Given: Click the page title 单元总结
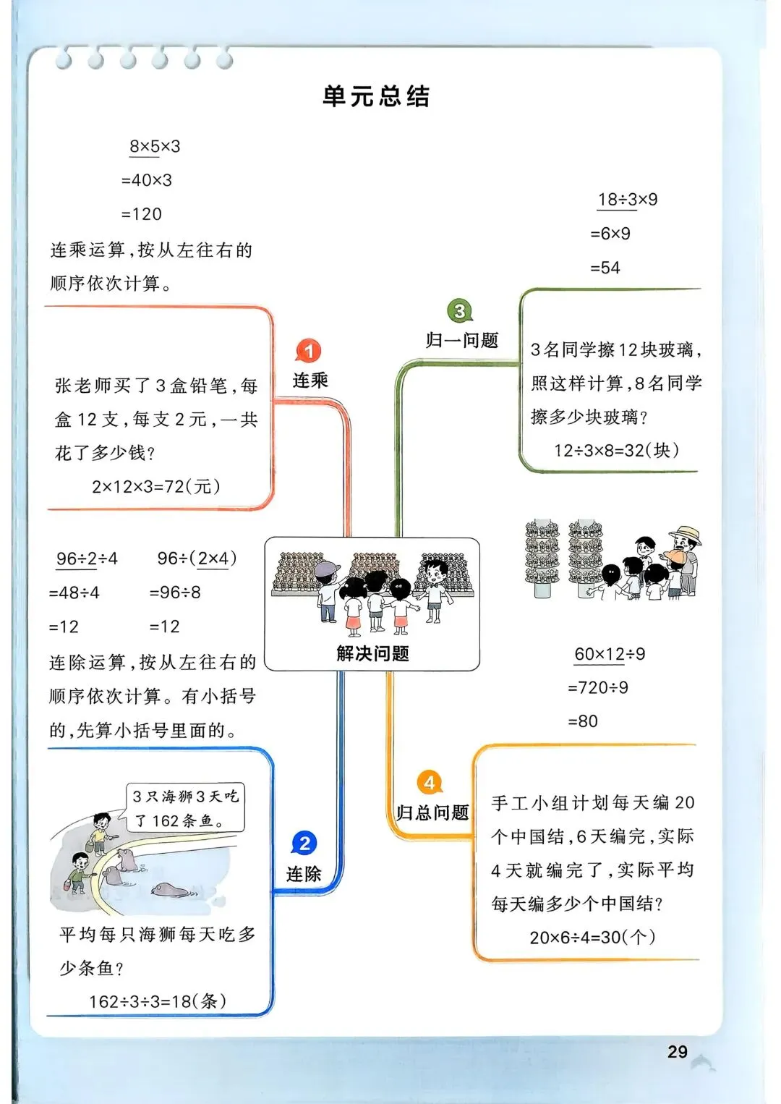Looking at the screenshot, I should (x=376, y=96).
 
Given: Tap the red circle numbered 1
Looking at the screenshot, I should (x=309, y=352).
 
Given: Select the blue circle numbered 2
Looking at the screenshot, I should (x=304, y=844).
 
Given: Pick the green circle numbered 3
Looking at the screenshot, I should (x=459, y=311).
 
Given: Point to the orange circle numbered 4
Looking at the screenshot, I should (x=430, y=783).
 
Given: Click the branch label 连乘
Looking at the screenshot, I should (x=310, y=381).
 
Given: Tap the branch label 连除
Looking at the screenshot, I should (x=304, y=874).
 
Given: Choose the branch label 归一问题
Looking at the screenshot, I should (x=462, y=341).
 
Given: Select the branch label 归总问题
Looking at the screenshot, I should (x=432, y=813).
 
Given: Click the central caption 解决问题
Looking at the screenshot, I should (x=372, y=654).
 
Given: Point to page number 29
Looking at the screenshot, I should (x=678, y=1052).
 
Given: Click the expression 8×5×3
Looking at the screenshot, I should (x=155, y=147).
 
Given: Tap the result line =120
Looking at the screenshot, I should (x=142, y=214).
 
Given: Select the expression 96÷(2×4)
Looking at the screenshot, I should (x=197, y=559).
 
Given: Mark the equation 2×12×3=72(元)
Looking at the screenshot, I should (x=156, y=487).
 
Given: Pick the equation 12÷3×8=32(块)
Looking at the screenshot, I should (x=617, y=451).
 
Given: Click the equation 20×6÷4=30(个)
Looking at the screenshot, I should (x=593, y=938).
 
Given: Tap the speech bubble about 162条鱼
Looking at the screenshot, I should (x=186, y=808).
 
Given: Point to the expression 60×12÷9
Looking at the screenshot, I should (x=610, y=654).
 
